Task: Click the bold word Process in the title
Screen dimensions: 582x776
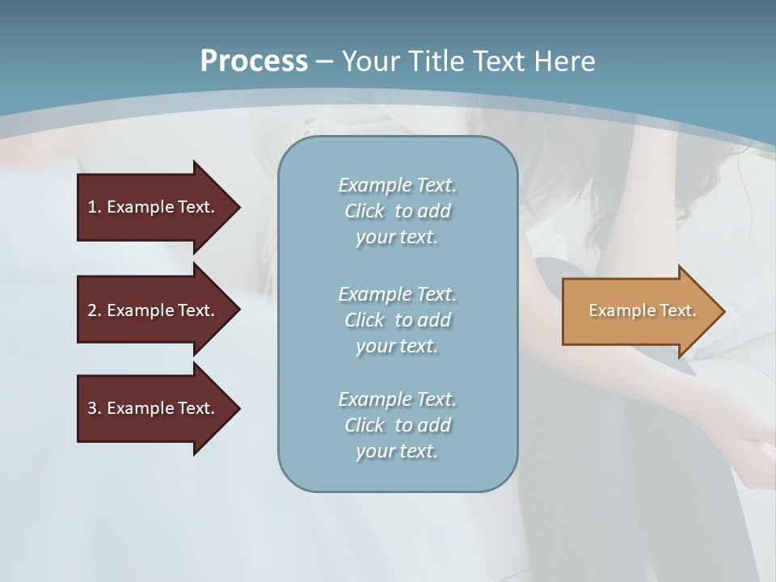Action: pyautogui.click(x=254, y=61)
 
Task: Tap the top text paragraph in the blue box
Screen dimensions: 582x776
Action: pyautogui.click(x=397, y=211)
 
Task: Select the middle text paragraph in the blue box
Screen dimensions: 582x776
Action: pyautogui.click(x=397, y=320)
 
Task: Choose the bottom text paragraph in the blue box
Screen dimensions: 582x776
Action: pyautogui.click(x=397, y=425)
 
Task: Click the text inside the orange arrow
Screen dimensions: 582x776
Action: pyautogui.click(x=643, y=310)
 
